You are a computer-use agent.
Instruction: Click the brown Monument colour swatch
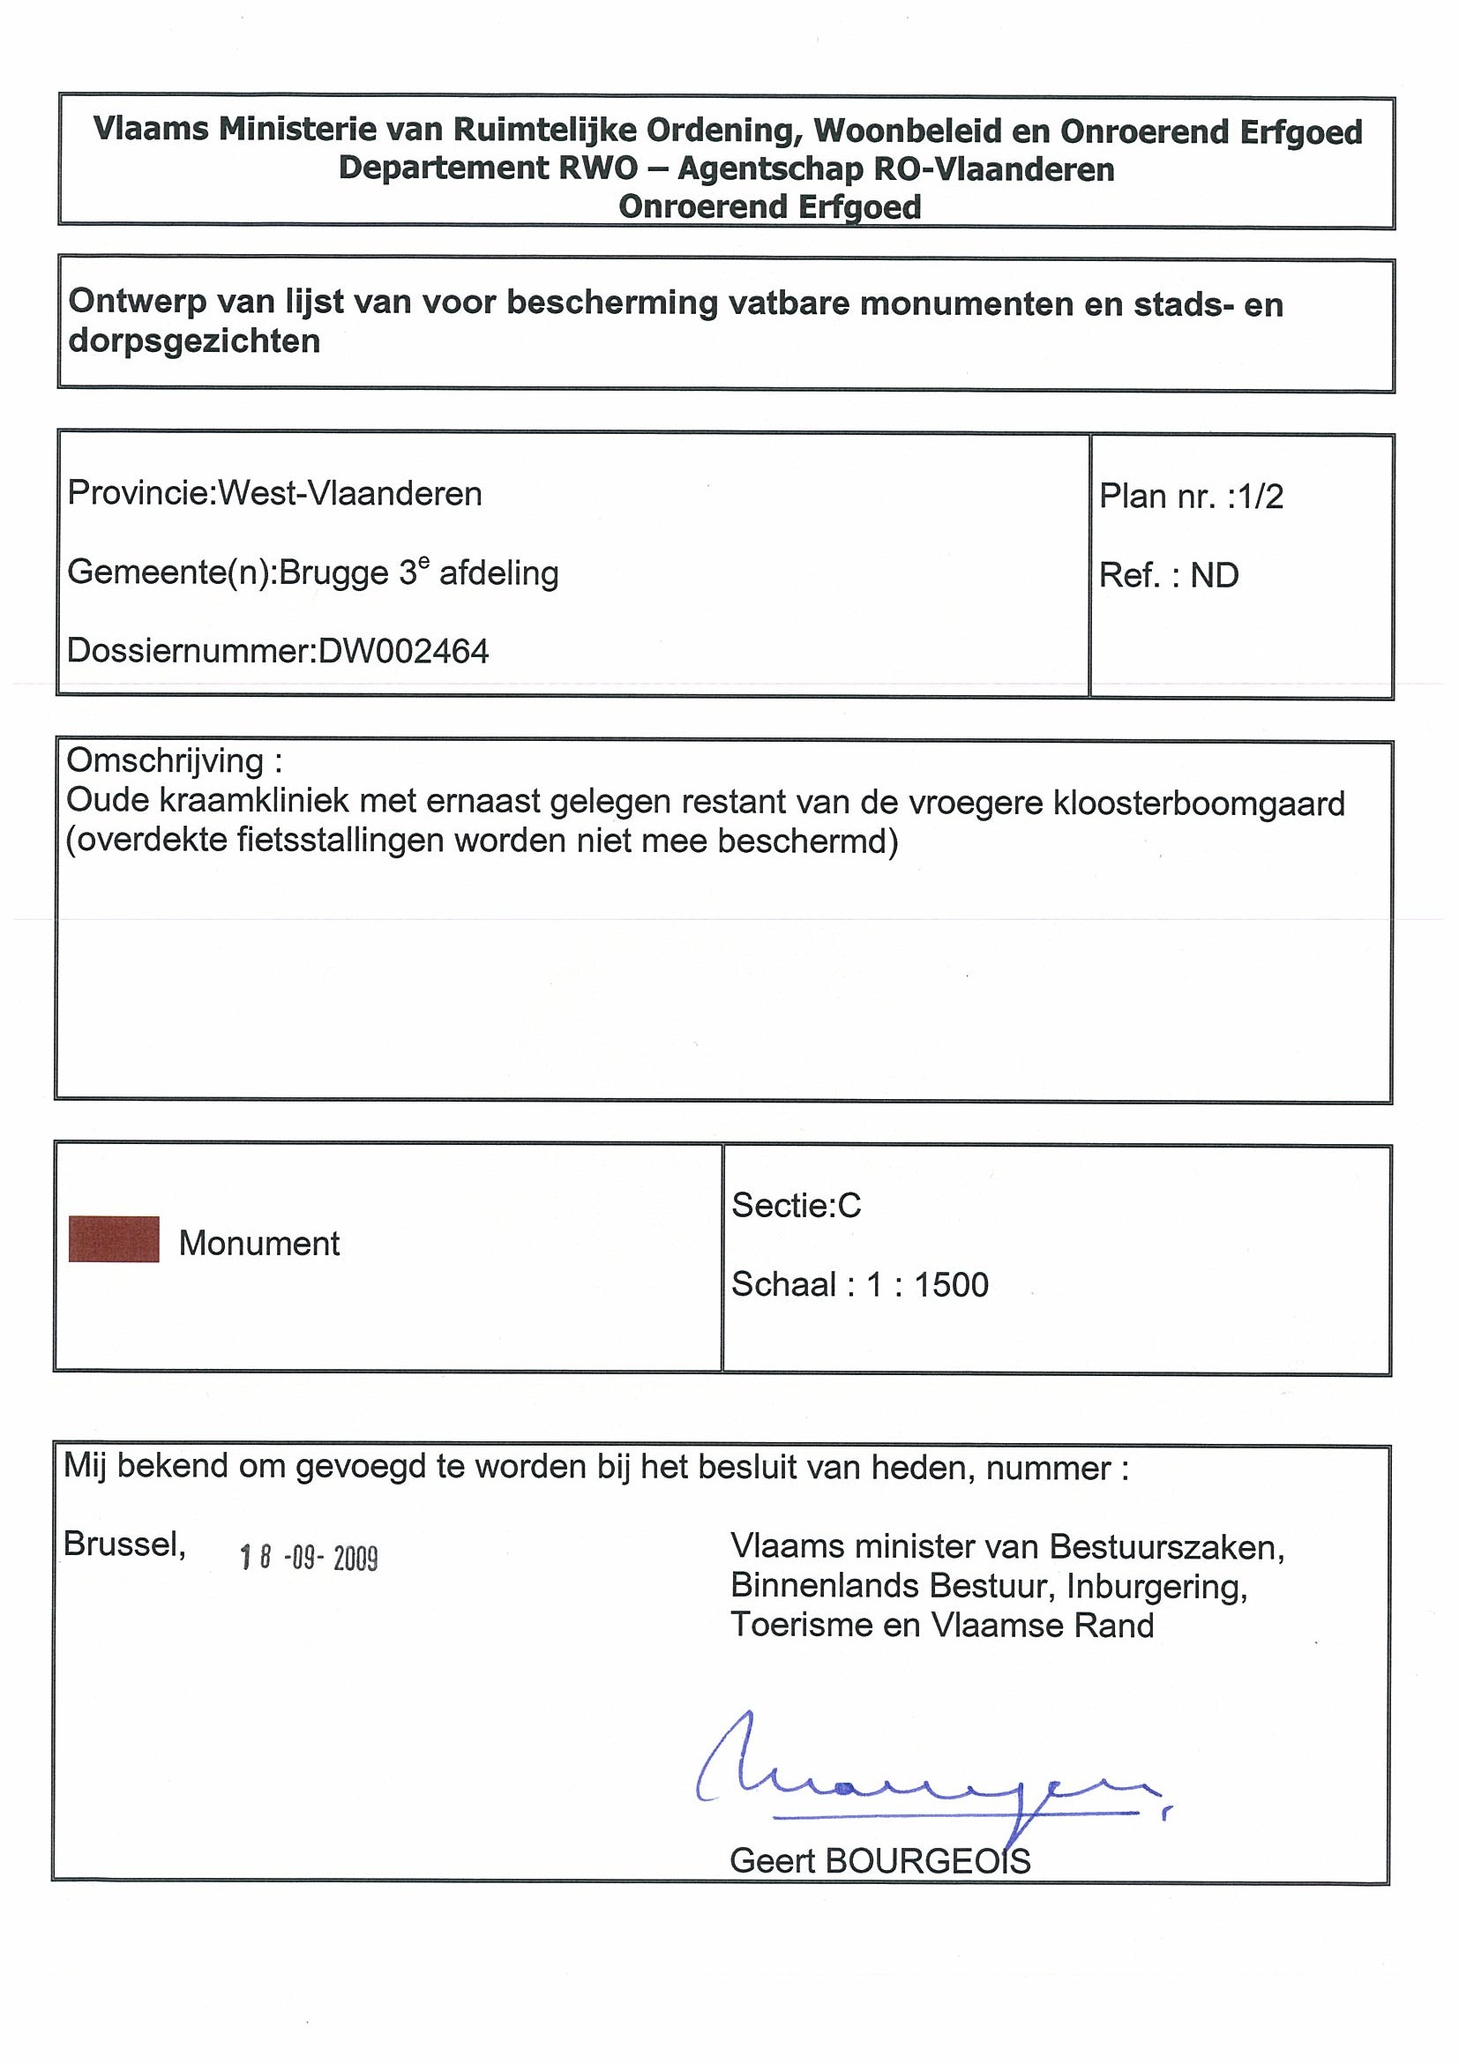click(x=114, y=1239)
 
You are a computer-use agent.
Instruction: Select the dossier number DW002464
click(x=404, y=651)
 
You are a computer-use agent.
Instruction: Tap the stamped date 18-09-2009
click(x=309, y=1558)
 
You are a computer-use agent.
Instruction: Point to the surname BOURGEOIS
click(x=928, y=1861)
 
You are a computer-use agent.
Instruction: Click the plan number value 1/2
click(x=1261, y=497)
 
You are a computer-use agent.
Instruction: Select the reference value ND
click(x=1215, y=575)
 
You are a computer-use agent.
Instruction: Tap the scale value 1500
click(x=951, y=1284)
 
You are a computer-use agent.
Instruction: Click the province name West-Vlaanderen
click(x=350, y=494)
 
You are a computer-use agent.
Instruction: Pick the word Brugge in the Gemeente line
click(x=334, y=572)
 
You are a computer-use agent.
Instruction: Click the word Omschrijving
click(x=164, y=761)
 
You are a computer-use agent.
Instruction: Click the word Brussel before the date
click(x=124, y=1544)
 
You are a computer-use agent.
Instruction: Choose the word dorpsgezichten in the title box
click(x=194, y=341)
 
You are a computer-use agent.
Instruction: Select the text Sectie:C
click(x=797, y=1205)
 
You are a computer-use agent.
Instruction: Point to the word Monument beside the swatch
click(x=259, y=1244)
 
